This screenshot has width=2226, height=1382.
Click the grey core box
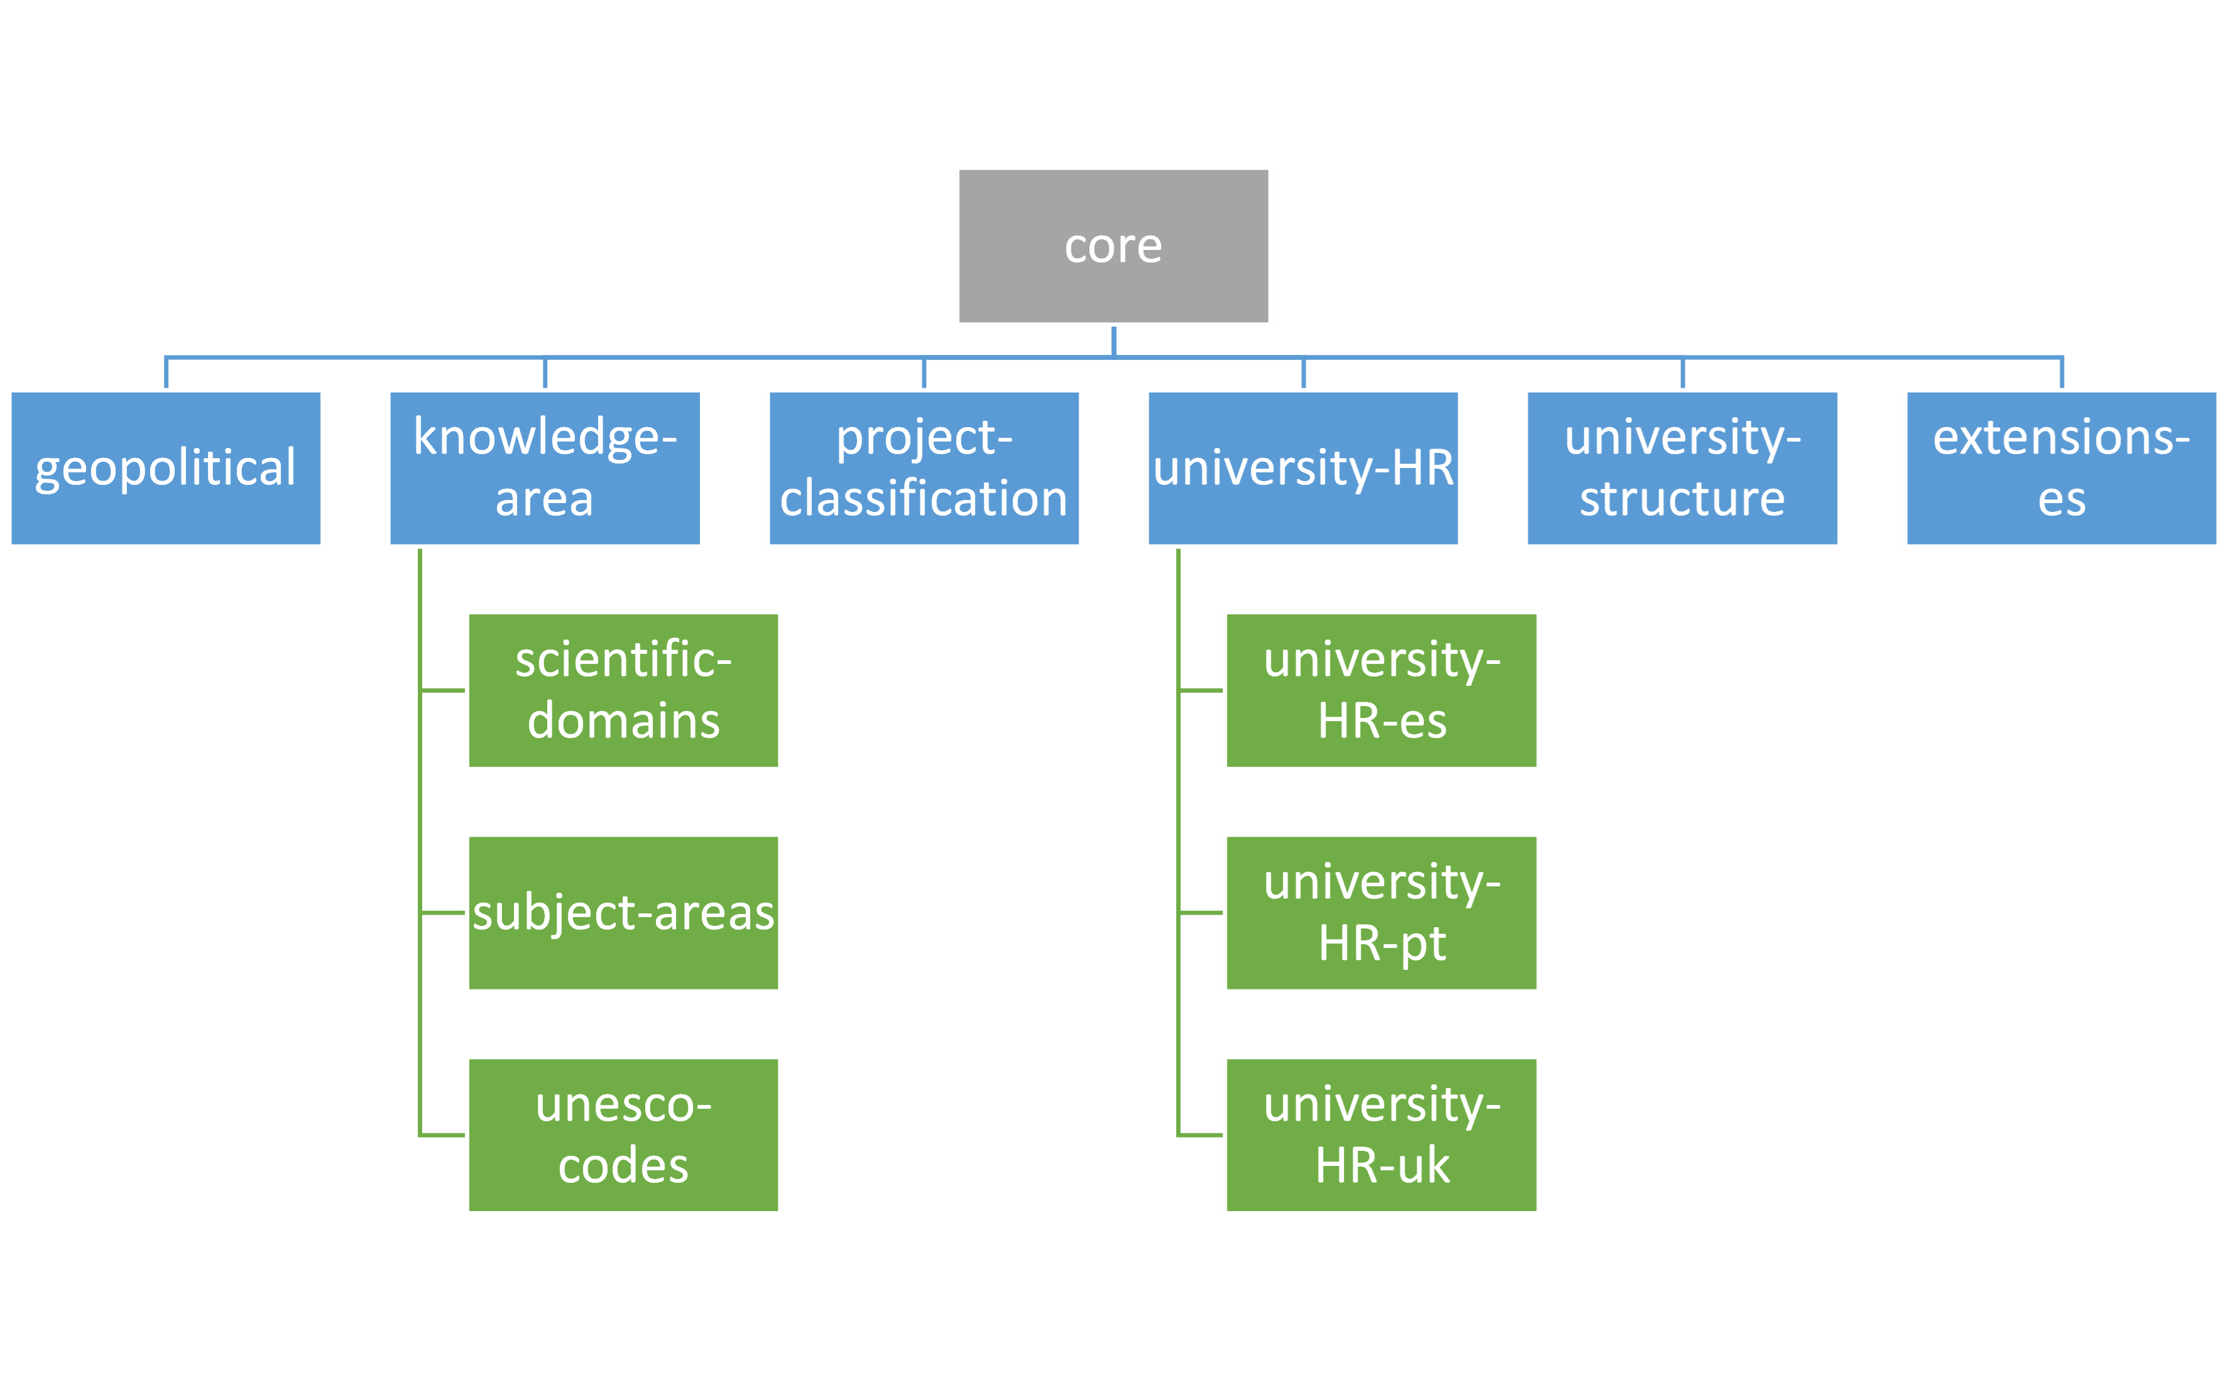1113,246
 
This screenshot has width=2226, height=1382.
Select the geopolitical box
165,468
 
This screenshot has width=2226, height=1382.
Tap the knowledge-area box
545,468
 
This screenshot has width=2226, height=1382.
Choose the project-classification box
924,468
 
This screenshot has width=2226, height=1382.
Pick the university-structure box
1682,468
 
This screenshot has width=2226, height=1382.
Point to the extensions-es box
2061,468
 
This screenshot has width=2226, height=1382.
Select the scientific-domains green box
623,690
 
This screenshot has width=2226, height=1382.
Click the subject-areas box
623,912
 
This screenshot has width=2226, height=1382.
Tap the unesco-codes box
623,1134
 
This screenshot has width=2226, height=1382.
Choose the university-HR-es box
1382,690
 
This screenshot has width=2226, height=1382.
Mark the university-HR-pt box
1382,912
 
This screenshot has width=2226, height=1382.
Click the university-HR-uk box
1382,1134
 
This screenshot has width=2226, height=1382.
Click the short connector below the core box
1113,341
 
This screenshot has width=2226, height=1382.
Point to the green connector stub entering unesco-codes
444,1134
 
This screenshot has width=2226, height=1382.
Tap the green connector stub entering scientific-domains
444,690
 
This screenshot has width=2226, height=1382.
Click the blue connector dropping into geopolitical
165,373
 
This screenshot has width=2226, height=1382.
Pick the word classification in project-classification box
924,499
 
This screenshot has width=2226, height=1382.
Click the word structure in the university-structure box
1682,499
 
